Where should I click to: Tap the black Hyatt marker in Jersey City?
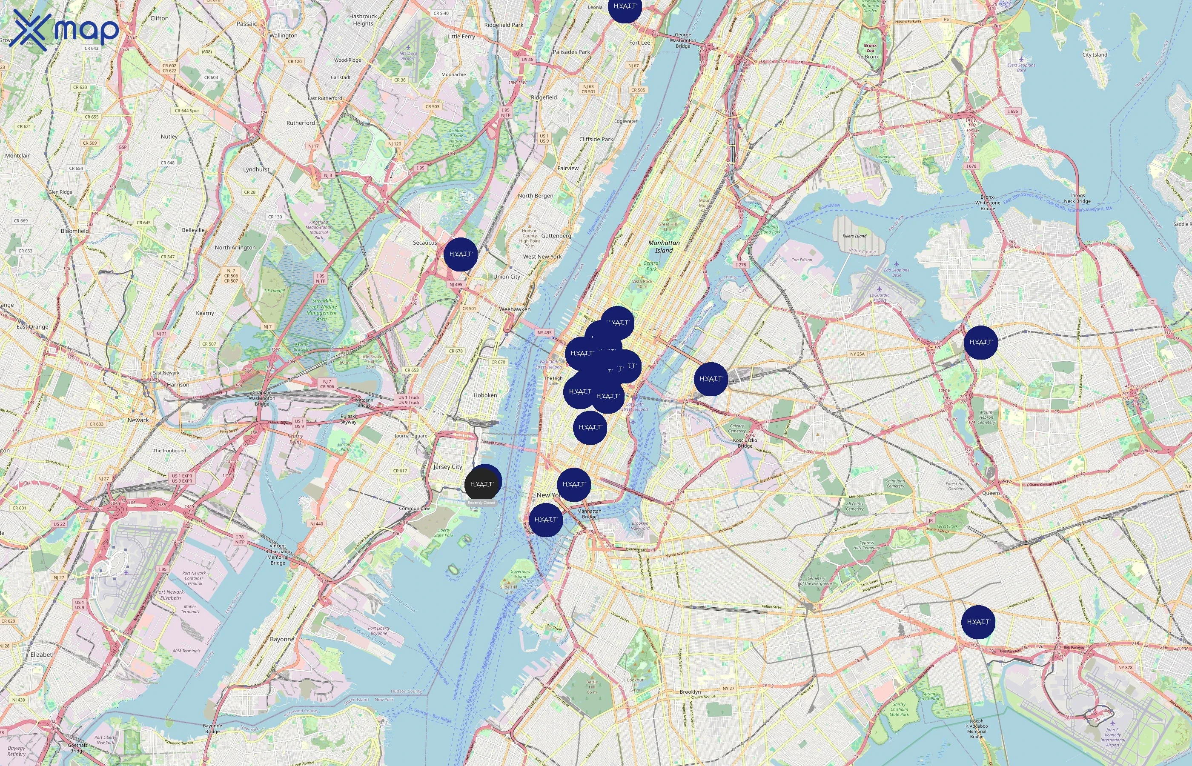(481, 484)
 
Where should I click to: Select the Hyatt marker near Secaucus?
(460, 254)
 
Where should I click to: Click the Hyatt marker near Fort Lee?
(625, 7)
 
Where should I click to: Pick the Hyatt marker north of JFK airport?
(978, 622)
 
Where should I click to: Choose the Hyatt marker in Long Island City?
(711, 379)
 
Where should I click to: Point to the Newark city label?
(138, 420)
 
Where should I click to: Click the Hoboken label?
(485, 395)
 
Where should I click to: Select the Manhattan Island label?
(664, 247)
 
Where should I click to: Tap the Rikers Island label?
(854, 236)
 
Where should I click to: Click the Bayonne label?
(281, 639)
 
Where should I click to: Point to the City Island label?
(1095, 55)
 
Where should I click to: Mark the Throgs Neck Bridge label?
(1077, 198)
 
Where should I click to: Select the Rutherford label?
(301, 123)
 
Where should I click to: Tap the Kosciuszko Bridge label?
(745, 443)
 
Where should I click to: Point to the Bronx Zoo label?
(870, 48)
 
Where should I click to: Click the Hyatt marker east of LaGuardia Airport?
(980, 342)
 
